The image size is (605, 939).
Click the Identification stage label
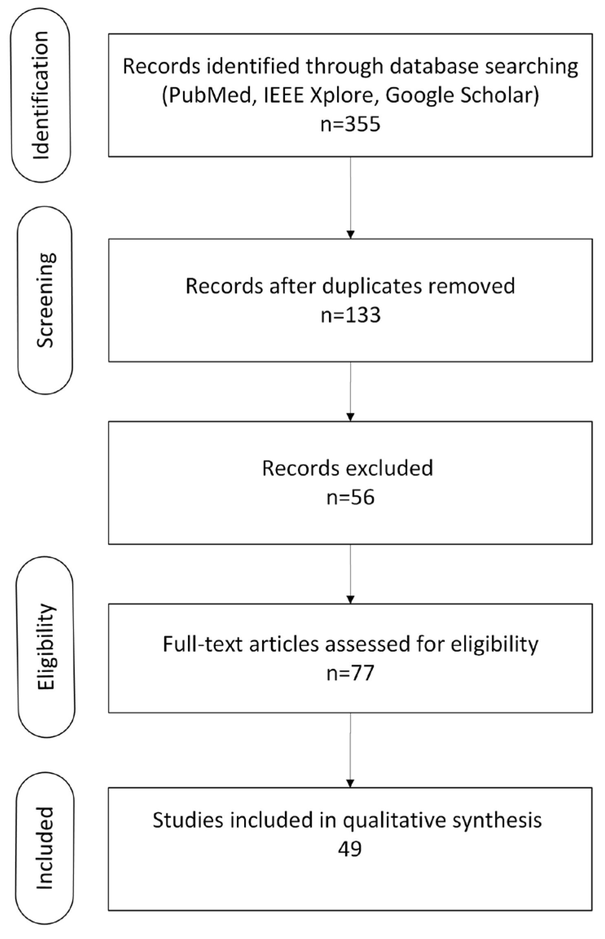pos(41,95)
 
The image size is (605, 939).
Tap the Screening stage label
pos(45,300)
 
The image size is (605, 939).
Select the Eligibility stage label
pos(46,647)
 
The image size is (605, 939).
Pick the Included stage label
pos(45,849)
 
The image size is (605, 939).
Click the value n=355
pos(350,124)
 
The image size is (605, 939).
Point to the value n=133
pos(350,315)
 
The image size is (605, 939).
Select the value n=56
pos(350,498)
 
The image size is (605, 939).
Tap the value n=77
pos(350,673)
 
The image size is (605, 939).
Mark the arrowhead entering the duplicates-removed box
pos(350,235)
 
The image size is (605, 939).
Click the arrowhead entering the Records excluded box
pos(350,417)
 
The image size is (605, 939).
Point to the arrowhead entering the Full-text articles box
pos(350,600)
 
